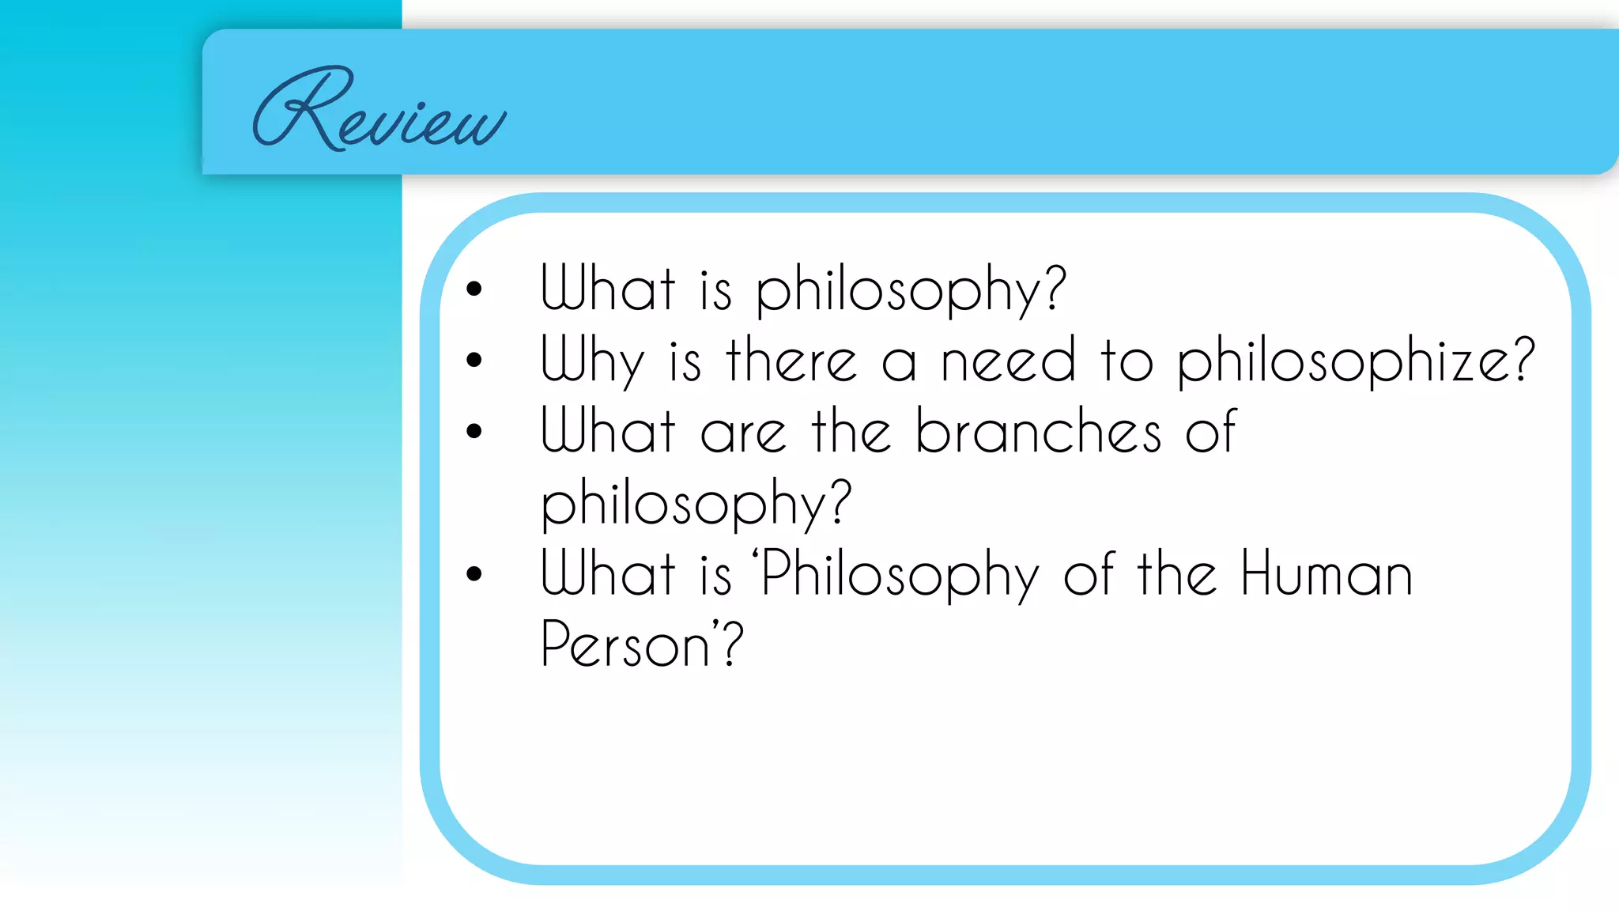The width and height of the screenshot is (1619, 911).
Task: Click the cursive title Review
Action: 378,111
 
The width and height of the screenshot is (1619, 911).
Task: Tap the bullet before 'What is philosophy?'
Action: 474,289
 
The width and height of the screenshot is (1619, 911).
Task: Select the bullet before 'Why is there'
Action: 474,361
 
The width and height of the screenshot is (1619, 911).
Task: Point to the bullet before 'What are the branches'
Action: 474,431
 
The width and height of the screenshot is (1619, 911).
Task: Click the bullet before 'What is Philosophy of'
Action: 474,573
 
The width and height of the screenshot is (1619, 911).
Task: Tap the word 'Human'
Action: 1326,573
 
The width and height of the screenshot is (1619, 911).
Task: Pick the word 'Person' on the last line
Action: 625,645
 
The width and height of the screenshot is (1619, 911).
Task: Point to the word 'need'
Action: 1008,361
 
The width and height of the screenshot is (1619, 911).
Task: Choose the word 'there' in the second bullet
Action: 791,361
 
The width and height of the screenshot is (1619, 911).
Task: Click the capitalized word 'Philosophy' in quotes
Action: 900,575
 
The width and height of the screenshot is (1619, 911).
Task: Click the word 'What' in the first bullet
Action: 608,289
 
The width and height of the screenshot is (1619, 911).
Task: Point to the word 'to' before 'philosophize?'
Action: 1127,361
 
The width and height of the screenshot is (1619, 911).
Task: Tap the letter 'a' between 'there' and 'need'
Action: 899,364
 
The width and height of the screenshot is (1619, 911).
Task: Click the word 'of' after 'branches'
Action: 1210,432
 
